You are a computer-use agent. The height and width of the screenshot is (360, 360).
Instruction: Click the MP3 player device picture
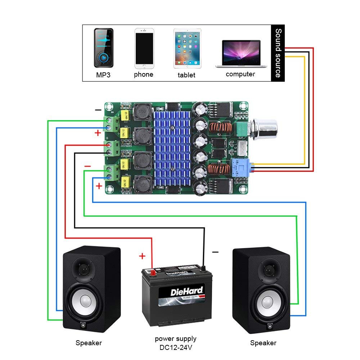(104, 48)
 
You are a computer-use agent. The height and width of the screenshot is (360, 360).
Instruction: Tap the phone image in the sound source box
(144, 49)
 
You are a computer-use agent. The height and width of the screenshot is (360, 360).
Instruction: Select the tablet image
(186, 49)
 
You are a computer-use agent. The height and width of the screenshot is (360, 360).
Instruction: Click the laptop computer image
(241, 54)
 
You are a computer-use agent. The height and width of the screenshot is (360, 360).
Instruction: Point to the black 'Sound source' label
(278, 53)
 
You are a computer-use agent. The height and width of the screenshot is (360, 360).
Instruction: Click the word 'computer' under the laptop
(240, 74)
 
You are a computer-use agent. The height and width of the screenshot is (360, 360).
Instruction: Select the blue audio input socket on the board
(241, 167)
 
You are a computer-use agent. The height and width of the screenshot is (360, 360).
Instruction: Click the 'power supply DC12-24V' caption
(176, 343)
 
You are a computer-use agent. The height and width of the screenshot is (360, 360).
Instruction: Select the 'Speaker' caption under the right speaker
(263, 343)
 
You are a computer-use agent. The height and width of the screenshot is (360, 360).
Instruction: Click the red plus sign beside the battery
(142, 256)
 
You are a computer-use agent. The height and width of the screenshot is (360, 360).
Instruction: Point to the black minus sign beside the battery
(215, 252)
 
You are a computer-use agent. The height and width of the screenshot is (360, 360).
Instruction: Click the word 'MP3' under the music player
(104, 75)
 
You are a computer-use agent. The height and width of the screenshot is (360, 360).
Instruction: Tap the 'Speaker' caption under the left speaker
(89, 343)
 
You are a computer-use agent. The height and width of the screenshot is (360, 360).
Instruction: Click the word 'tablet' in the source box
(186, 75)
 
